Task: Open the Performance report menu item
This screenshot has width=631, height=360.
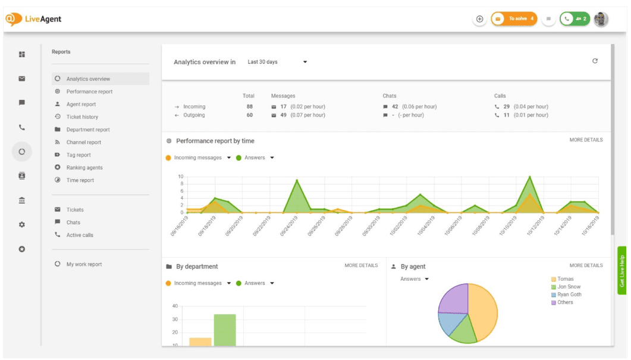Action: pos(89,92)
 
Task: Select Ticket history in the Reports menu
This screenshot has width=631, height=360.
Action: pos(82,117)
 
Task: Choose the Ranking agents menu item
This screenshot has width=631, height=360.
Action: pos(84,168)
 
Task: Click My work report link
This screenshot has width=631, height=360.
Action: pos(84,264)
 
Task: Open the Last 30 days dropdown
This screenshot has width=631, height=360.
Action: pos(277,62)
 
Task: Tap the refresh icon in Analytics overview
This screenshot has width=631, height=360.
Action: pos(595,61)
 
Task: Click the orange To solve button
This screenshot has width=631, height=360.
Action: pos(514,19)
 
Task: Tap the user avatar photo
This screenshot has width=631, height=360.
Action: pos(601,19)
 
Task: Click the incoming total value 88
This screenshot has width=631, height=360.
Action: pos(250,107)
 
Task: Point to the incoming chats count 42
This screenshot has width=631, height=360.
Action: pos(395,107)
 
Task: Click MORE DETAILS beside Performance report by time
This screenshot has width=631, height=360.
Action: pos(586,140)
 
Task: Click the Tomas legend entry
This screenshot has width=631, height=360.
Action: pos(565,279)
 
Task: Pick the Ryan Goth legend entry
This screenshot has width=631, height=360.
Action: pos(569,295)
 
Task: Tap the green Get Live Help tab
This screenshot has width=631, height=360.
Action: pos(623,271)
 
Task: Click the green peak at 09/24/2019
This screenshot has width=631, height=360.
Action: pos(297,181)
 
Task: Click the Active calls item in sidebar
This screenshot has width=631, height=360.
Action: pos(80,235)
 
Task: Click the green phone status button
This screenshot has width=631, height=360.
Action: pos(575,19)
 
